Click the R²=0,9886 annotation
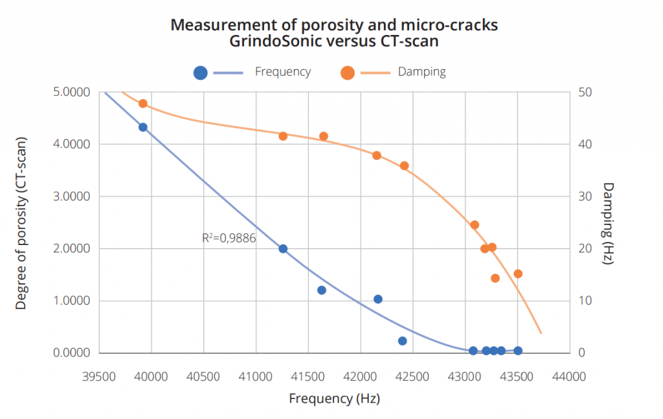point(229,238)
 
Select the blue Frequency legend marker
point(201,72)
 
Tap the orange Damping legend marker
point(348,72)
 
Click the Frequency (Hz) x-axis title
point(334,398)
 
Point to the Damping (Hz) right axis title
point(608,223)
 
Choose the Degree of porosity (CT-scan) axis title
point(21,223)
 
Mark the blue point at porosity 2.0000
point(283,249)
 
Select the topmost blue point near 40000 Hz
point(143,127)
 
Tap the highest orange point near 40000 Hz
point(143,103)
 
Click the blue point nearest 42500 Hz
point(402,341)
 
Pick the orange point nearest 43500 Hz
point(518,274)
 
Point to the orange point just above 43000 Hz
point(475,225)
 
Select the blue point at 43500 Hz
point(518,350)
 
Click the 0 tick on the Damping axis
point(581,353)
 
